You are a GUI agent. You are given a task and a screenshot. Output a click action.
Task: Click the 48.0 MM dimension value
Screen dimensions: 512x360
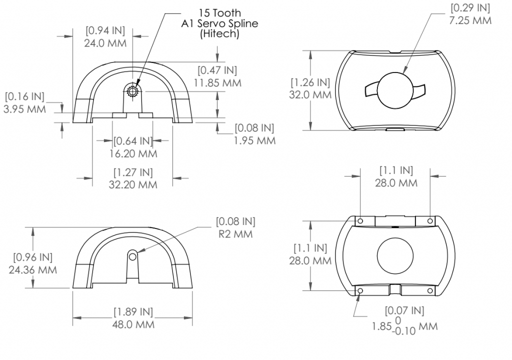(x=133, y=324)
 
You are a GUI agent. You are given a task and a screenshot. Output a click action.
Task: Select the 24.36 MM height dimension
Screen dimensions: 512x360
(x=32, y=270)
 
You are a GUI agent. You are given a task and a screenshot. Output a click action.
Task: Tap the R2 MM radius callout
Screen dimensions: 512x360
(x=235, y=234)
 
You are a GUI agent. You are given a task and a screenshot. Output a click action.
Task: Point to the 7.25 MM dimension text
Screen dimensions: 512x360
(x=470, y=20)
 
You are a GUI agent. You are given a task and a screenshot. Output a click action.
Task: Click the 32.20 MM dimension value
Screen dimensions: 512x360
(x=133, y=184)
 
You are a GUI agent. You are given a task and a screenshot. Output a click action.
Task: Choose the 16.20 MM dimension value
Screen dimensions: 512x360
(x=133, y=153)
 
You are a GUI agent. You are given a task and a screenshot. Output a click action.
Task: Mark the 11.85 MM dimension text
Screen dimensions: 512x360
(x=217, y=82)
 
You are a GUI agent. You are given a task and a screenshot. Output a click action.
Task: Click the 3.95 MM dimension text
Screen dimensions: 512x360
(x=24, y=109)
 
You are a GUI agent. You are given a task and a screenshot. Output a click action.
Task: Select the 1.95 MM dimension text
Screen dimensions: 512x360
(x=254, y=140)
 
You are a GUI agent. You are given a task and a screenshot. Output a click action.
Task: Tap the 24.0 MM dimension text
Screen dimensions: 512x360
(x=105, y=43)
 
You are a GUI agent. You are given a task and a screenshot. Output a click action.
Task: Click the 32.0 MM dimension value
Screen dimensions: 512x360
(x=310, y=94)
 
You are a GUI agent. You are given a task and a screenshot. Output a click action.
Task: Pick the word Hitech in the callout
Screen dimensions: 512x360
(x=219, y=33)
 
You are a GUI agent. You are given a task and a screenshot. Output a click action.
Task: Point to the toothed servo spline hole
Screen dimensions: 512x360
(x=133, y=91)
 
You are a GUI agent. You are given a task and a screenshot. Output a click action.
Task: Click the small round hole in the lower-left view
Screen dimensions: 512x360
(x=132, y=257)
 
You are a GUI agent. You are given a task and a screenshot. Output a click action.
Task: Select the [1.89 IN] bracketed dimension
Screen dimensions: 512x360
(x=133, y=312)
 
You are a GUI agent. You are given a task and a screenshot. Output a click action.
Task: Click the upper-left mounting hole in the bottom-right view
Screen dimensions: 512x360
(x=360, y=221)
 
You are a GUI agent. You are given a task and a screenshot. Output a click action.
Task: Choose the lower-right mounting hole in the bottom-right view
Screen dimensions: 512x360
(x=430, y=290)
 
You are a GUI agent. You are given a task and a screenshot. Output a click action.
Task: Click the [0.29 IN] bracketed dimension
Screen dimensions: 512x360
(x=470, y=8)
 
